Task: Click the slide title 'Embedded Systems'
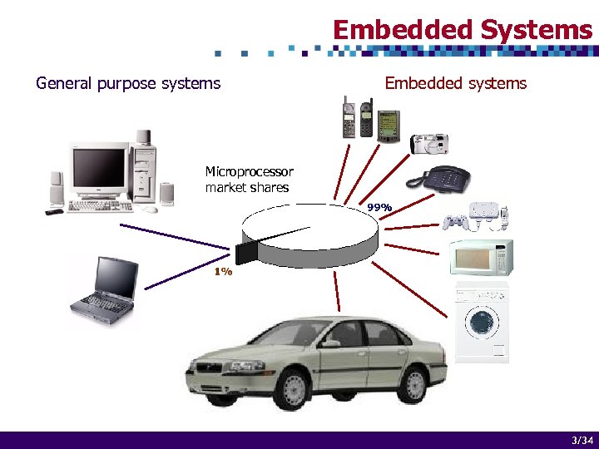[x=463, y=30]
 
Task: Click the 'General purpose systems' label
[x=128, y=83]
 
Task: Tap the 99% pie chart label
[x=379, y=206]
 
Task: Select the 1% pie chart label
[x=222, y=272]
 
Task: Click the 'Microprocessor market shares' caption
[x=249, y=180]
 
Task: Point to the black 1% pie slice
[x=247, y=249]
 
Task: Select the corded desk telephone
[x=438, y=177]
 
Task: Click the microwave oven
[x=481, y=257]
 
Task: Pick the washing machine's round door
[x=482, y=321]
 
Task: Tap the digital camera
[x=429, y=144]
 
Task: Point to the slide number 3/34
[x=582, y=440]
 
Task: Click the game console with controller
[x=474, y=215]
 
